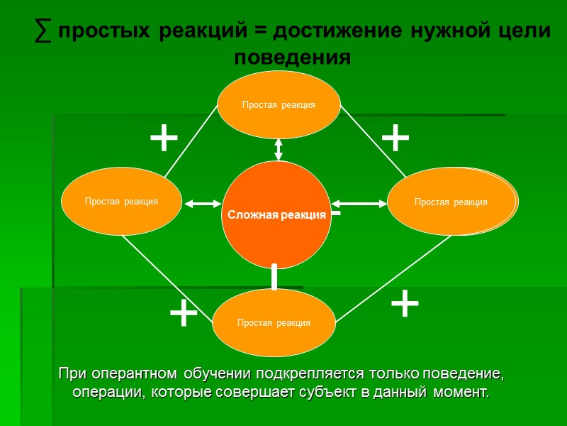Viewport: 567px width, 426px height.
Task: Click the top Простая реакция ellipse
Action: point(279,104)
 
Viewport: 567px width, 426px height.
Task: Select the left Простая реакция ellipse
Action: point(121,201)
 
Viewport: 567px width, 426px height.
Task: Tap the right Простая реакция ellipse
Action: point(451,202)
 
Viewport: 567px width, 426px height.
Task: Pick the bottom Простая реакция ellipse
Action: point(274,322)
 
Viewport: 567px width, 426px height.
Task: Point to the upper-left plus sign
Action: point(164,138)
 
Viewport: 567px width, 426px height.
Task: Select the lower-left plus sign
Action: point(184,313)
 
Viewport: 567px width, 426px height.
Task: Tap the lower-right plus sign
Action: point(405,304)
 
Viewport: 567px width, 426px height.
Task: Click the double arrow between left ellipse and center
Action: point(203,204)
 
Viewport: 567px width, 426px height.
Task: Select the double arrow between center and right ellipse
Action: point(359,204)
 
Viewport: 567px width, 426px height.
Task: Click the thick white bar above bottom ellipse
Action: point(274,277)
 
